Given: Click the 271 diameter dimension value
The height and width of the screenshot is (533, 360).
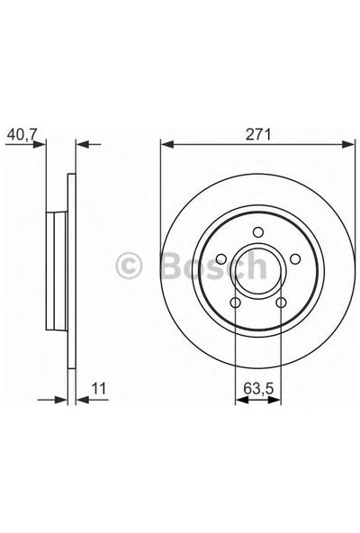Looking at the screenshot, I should pos(256,133).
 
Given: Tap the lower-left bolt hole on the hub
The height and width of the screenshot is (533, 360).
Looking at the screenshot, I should pos(235,302).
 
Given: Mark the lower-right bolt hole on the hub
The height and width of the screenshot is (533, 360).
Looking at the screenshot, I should pos(278,302).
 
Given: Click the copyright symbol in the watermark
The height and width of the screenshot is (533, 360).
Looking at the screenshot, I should pos(130,266).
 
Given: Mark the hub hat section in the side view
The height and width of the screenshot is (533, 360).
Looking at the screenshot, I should pos(56,266).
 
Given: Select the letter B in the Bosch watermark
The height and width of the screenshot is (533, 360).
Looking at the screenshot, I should pos(172,266).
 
